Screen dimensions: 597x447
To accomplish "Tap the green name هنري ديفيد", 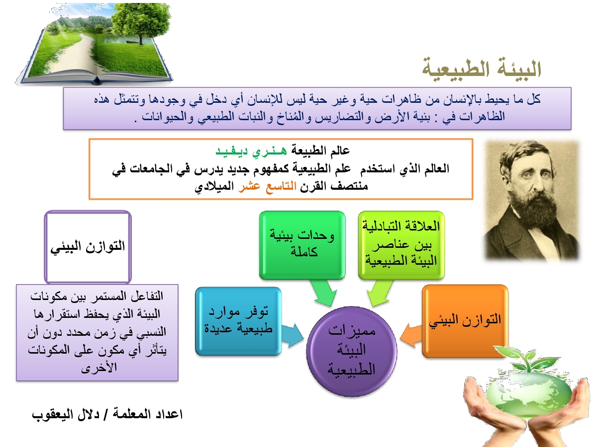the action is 251,150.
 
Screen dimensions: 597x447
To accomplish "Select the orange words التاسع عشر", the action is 267,186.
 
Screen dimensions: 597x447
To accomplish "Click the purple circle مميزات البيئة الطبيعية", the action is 352,351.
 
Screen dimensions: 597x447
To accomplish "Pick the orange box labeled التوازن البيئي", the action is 465,321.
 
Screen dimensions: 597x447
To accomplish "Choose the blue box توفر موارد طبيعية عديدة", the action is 238,321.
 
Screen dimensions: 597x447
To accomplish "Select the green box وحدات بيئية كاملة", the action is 302,245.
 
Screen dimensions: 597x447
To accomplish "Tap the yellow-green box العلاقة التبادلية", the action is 401,245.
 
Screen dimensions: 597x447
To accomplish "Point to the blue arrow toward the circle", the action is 293,335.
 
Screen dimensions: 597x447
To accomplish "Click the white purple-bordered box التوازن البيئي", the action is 88,247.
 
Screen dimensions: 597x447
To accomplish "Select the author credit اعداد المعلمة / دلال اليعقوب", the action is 107,414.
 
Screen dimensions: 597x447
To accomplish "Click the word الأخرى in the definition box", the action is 99,368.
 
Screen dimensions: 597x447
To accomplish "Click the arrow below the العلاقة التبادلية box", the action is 380,293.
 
